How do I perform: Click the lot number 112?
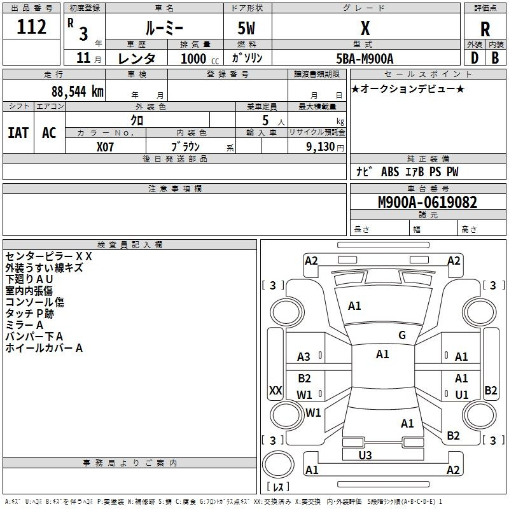coord(32,27)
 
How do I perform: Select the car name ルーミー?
coord(164,28)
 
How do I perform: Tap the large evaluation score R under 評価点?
coord(485,29)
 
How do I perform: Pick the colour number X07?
coord(106,146)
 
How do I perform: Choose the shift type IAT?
coord(18,133)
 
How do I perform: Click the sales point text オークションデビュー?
coord(408,88)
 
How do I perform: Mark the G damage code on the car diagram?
coord(402,335)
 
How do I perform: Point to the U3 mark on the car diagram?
coord(365,455)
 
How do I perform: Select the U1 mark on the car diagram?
coord(462,395)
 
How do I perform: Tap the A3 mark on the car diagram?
coord(304,357)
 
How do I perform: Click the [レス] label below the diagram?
coord(279,487)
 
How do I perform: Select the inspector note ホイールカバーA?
coord(44,348)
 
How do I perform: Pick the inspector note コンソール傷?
coord(34,302)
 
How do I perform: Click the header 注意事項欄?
coord(174,188)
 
